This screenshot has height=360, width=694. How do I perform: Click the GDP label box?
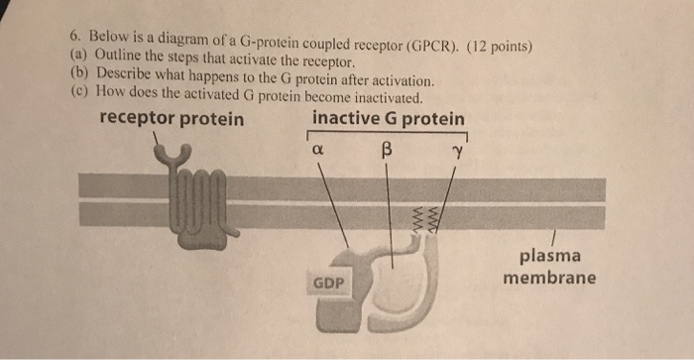point(328,282)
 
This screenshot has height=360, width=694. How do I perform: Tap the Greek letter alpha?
point(318,150)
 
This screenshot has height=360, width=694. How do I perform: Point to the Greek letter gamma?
point(458,153)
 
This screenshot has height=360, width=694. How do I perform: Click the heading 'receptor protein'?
point(172,119)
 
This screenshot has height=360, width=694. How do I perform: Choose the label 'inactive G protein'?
point(389,119)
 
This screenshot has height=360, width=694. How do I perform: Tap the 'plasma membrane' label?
point(549,267)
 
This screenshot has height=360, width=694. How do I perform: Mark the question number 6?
point(75,37)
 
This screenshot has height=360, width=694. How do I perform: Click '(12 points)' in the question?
point(499,47)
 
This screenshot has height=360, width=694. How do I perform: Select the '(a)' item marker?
point(79,56)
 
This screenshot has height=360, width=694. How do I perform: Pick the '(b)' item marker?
point(79,73)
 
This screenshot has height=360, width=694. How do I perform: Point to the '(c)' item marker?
point(79,91)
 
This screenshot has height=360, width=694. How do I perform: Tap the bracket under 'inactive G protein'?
point(388,132)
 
